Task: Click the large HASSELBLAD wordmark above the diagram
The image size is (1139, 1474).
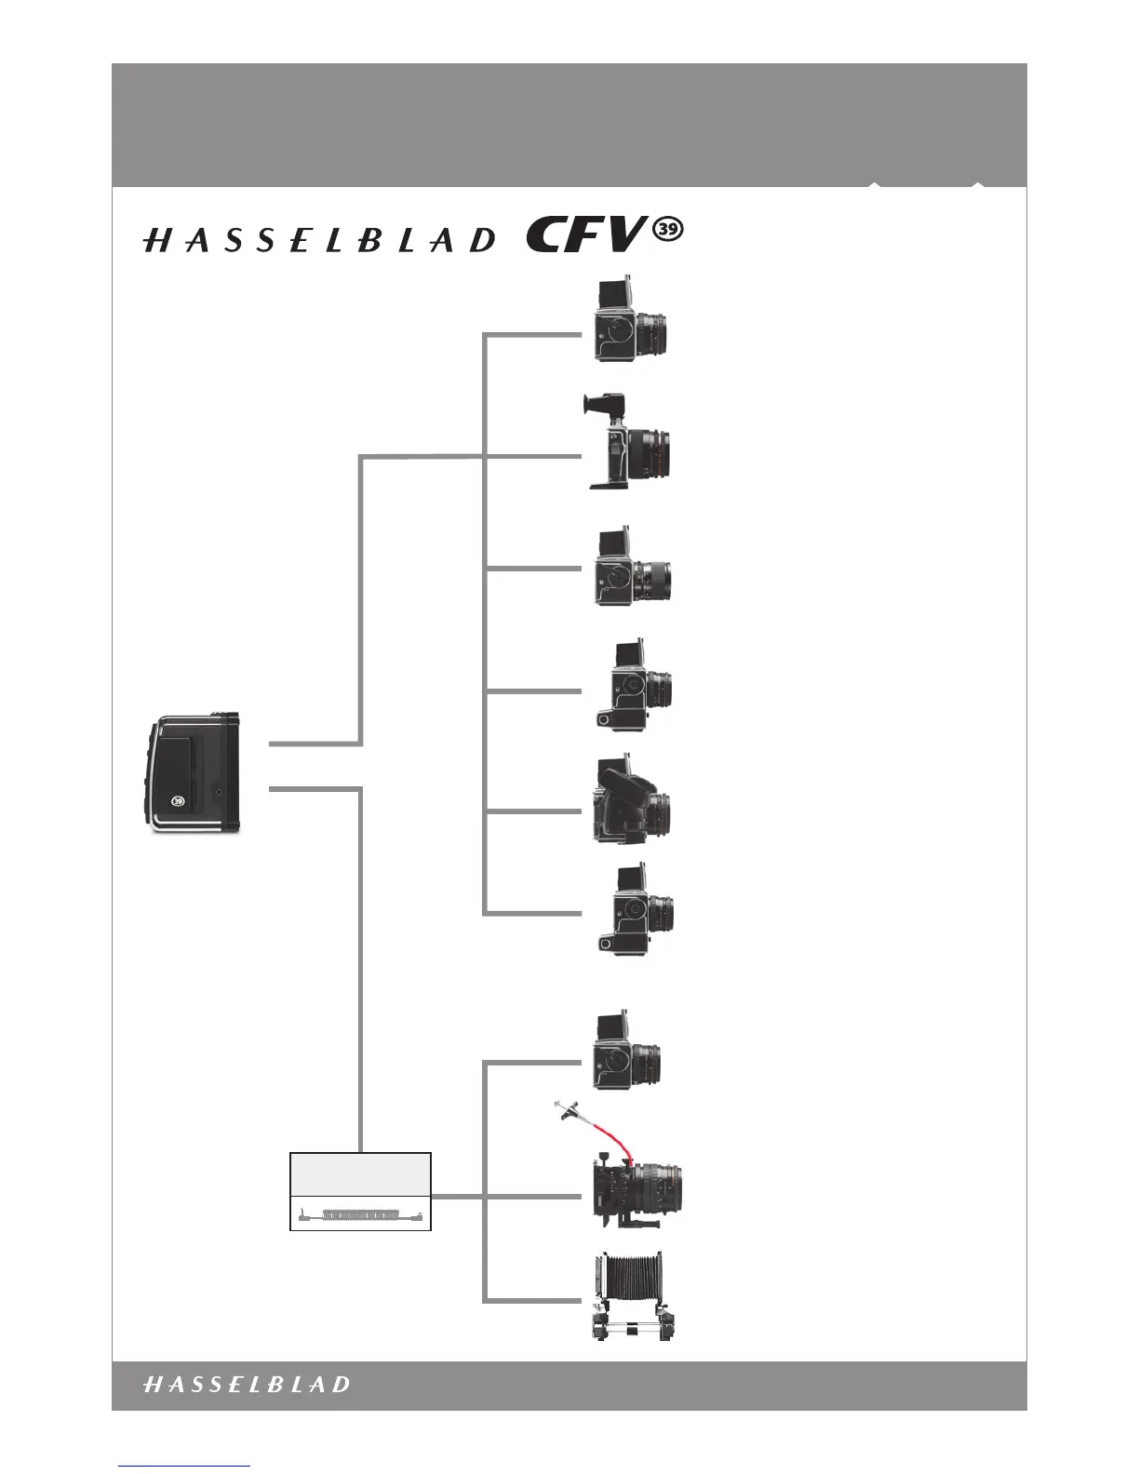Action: (319, 241)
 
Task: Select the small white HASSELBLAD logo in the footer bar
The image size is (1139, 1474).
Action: (247, 1384)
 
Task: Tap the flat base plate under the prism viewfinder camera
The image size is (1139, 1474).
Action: (614, 483)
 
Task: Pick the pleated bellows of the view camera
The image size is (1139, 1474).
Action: (632, 1282)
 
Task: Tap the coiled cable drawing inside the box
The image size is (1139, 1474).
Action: (361, 1214)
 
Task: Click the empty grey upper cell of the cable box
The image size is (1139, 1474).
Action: (361, 1173)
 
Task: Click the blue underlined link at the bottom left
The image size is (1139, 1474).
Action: (184, 1467)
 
